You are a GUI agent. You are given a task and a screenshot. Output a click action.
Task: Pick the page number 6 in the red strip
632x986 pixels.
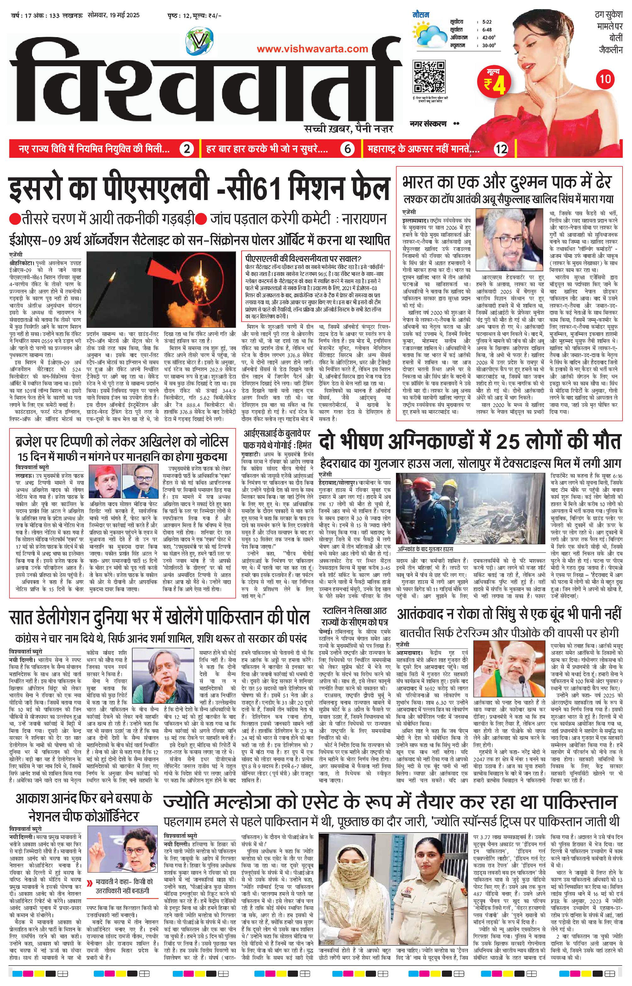(347, 149)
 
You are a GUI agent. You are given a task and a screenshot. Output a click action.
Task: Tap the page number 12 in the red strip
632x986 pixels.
(501, 149)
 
